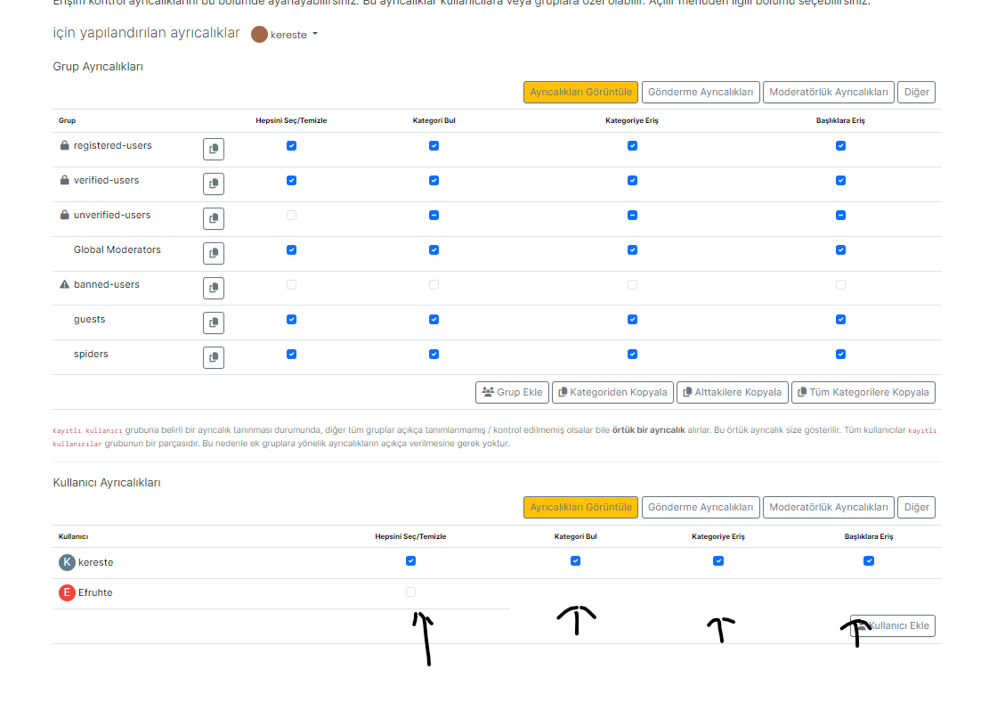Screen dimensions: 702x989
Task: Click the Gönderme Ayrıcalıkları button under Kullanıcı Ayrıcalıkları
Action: (701, 508)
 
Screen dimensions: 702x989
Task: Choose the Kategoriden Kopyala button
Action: (612, 392)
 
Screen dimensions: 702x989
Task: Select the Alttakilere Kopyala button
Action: (732, 392)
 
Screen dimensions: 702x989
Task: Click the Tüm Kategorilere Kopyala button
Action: (863, 392)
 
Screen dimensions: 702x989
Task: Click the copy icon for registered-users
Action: (214, 150)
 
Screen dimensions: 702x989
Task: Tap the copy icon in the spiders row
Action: (214, 358)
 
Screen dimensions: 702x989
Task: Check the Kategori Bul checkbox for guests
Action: (434, 319)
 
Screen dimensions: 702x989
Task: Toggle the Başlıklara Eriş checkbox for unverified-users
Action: (840, 215)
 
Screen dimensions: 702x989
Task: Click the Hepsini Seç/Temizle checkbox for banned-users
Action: (291, 285)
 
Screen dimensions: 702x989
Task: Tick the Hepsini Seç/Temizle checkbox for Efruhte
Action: (410, 592)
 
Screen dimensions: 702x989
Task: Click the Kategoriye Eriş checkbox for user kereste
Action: (718, 561)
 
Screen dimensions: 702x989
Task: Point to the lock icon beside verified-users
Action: (64, 181)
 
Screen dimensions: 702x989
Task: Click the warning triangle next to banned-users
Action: (64, 285)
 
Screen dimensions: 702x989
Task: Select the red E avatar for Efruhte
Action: (67, 593)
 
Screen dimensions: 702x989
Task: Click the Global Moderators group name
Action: (118, 250)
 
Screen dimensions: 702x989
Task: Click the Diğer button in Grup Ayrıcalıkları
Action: (916, 93)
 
